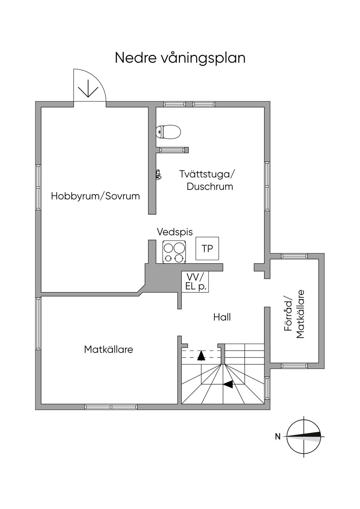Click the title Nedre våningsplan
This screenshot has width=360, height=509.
(x=180, y=58)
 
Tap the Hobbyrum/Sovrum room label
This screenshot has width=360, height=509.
(x=95, y=196)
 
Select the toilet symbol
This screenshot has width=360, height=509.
(x=168, y=132)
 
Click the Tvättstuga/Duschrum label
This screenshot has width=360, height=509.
(x=207, y=180)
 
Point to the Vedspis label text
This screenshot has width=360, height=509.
(x=175, y=232)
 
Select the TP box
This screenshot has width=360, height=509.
(x=207, y=249)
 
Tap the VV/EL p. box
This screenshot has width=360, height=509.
(x=195, y=282)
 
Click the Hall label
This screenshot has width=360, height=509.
(x=222, y=317)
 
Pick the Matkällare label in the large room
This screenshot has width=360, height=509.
(x=109, y=350)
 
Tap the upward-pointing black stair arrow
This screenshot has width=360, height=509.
(x=201, y=356)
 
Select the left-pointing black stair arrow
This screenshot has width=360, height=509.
(x=228, y=385)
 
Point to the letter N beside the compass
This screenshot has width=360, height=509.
(x=278, y=437)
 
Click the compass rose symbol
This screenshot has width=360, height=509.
(x=304, y=437)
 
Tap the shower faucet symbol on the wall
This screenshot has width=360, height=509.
(x=159, y=175)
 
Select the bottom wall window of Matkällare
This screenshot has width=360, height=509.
(x=111, y=407)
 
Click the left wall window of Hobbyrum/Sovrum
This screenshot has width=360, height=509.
(x=38, y=187)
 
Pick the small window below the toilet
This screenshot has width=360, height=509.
(x=172, y=150)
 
